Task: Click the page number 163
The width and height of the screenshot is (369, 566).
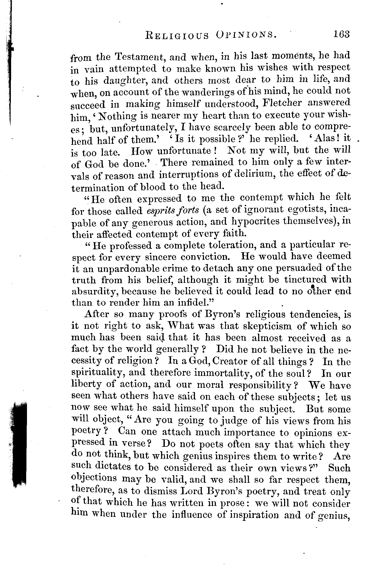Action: click(x=341, y=34)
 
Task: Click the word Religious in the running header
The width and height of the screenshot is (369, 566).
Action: click(x=177, y=35)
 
